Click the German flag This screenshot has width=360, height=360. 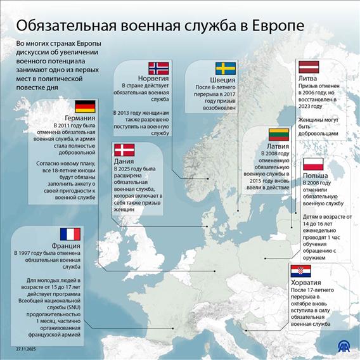click(x=85, y=106)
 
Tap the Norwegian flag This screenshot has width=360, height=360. click(x=158, y=68)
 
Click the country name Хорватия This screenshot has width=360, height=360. click(x=305, y=283)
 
